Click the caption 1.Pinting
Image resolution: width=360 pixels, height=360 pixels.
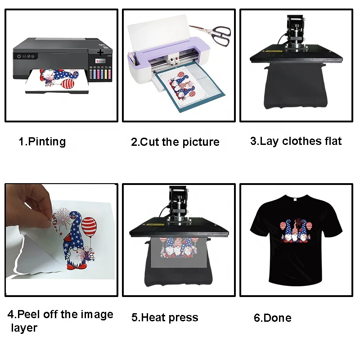point(42,142)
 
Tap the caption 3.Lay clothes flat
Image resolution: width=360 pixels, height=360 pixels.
point(296,141)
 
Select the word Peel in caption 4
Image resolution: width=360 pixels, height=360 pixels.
point(30,315)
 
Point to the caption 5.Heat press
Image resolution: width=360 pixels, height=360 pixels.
point(165,318)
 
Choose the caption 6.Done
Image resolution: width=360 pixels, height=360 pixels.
point(272,318)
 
